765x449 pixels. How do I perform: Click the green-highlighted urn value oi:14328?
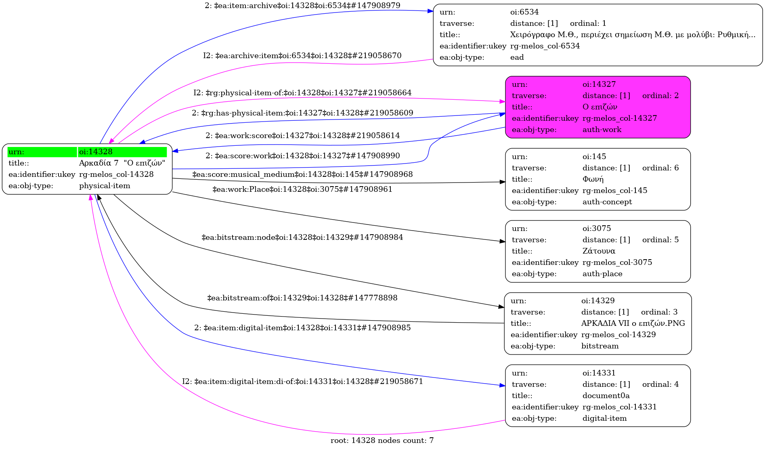96,152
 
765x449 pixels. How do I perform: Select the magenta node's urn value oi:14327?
599,84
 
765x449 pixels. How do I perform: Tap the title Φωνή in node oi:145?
593,179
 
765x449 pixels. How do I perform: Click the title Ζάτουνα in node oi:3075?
599,251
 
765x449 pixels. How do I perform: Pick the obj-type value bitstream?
599,346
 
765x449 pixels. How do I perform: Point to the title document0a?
606,396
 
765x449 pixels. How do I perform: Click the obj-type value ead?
517,57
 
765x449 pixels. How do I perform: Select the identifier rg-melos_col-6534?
545,46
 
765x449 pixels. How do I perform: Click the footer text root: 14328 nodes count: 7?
382,441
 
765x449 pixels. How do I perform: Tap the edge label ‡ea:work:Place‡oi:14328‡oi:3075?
302,189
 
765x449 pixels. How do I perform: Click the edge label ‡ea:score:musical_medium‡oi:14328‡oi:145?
302,174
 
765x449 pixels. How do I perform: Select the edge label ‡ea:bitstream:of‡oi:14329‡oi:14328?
302,298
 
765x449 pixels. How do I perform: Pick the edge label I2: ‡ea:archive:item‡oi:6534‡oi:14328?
302,56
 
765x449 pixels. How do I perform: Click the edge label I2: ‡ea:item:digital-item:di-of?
302,382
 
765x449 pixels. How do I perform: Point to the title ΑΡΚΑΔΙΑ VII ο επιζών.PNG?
633,323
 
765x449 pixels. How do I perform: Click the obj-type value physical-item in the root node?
105,186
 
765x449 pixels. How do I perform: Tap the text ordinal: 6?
660,168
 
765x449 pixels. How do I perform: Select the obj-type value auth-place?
602,274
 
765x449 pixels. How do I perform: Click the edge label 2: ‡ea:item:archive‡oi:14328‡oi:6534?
302,6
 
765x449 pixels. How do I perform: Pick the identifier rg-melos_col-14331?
619,407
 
